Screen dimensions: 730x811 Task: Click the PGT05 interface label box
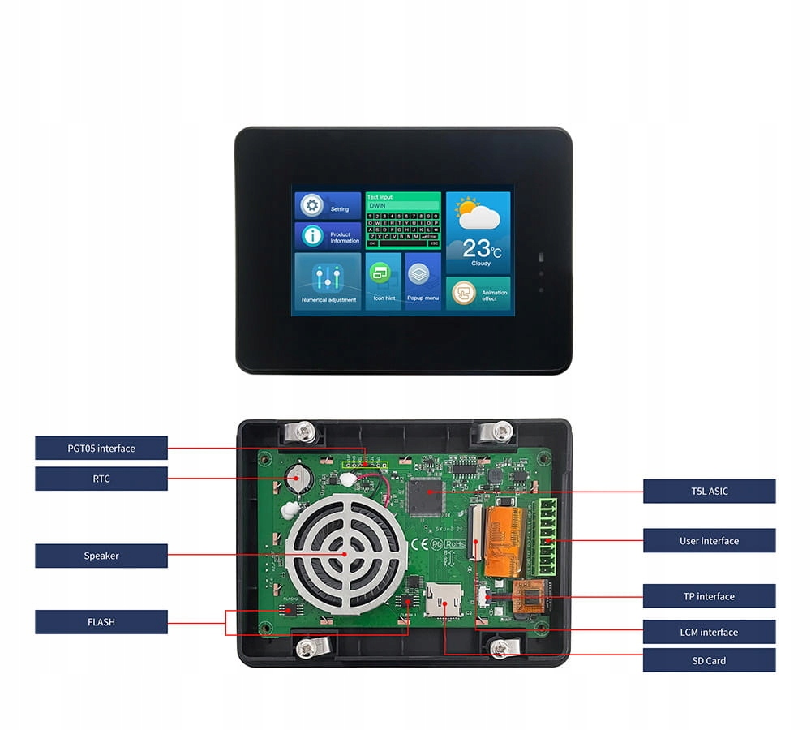[x=101, y=448]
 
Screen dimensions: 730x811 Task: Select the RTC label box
[x=101, y=479]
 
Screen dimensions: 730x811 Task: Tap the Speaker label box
[x=101, y=556]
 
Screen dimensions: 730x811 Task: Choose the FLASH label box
[x=101, y=622]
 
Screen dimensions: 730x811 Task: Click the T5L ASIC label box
[x=709, y=491]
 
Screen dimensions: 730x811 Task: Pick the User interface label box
[x=709, y=540]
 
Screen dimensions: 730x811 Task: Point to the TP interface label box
[x=709, y=596]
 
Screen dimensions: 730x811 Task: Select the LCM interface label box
[x=709, y=632]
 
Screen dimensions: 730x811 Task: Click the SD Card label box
[x=709, y=660]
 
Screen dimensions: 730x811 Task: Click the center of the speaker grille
[x=344, y=554]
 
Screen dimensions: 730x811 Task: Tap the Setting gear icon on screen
[x=311, y=206]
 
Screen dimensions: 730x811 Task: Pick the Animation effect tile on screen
[x=478, y=294]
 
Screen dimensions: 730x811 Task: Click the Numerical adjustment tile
[x=328, y=281]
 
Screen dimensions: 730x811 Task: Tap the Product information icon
[x=312, y=236]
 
